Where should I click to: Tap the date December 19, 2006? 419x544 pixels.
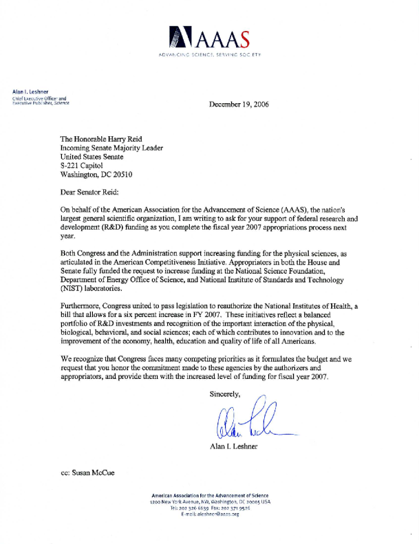click(x=238, y=105)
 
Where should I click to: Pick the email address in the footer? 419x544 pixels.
click(x=210, y=514)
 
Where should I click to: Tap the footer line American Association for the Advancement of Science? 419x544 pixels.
click(x=210, y=495)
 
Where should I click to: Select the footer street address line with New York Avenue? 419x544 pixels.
click(x=210, y=501)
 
